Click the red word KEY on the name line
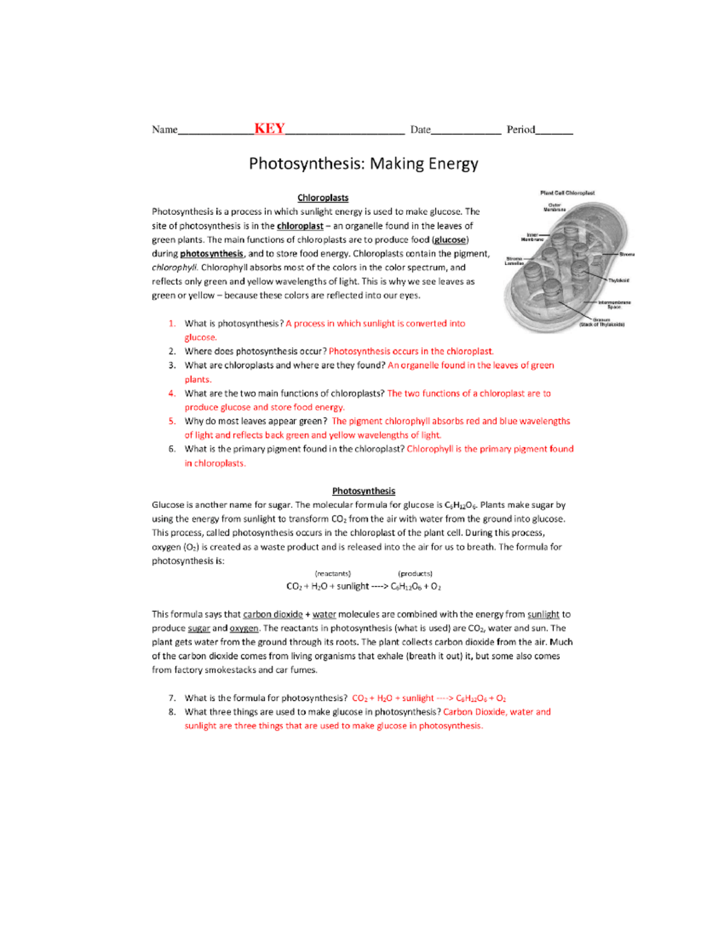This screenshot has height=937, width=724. pyautogui.click(x=269, y=129)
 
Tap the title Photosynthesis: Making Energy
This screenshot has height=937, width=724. pyautogui.click(x=363, y=164)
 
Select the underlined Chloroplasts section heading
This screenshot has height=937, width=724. pyautogui.click(x=323, y=198)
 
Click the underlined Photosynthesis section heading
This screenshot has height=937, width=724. pyautogui.click(x=363, y=491)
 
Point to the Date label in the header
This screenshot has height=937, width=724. pyautogui.click(x=421, y=130)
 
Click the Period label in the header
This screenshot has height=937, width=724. pyautogui.click(x=521, y=130)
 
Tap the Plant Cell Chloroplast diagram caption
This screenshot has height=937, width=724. pyautogui.click(x=567, y=193)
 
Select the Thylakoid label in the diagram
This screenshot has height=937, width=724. pyautogui.click(x=618, y=280)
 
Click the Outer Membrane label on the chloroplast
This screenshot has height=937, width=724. pyautogui.click(x=554, y=208)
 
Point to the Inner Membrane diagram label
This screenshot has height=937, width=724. pyautogui.click(x=532, y=237)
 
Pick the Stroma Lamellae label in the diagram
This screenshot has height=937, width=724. pyautogui.click(x=514, y=261)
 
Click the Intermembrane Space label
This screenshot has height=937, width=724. pyautogui.click(x=614, y=305)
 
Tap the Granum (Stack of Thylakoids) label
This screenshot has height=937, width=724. pyautogui.click(x=602, y=322)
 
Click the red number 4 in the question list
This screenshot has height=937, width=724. pyautogui.click(x=172, y=393)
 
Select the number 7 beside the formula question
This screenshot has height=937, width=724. pyautogui.click(x=172, y=698)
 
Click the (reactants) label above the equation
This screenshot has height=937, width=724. pyautogui.click(x=332, y=574)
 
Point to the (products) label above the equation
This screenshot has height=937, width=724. pyautogui.click(x=415, y=574)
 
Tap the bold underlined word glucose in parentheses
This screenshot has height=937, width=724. pyautogui.click(x=449, y=240)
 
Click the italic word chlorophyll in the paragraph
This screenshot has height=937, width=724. pyautogui.click(x=174, y=268)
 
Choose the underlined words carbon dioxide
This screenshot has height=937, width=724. pyautogui.click(x=273, y=615)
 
